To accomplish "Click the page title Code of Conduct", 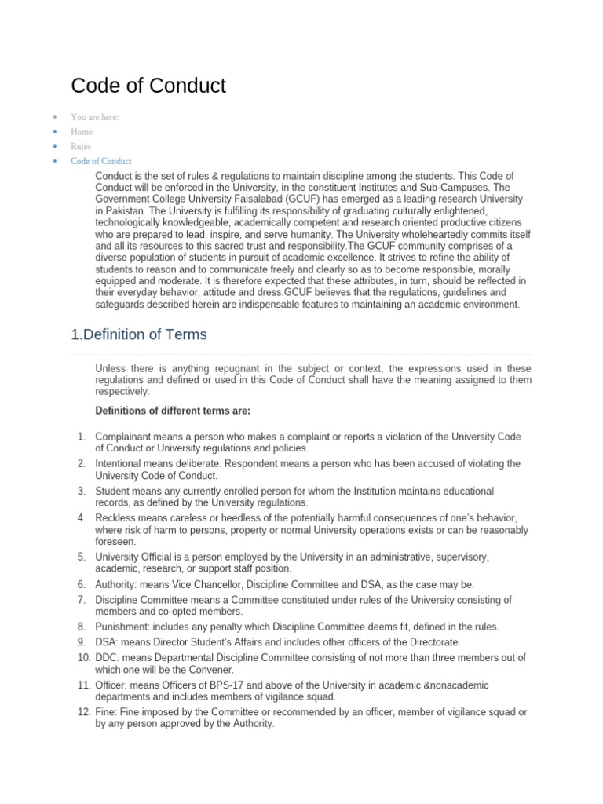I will click(148, 85).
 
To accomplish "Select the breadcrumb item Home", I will click(82, 132).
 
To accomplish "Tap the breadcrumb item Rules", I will click(81, 146).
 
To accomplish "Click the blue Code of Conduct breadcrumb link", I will click(101, 161).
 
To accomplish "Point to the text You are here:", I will click(94, 117).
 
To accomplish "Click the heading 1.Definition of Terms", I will click(139, 334).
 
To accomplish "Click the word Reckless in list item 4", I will click(116, 518).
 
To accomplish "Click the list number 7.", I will click(81, 600).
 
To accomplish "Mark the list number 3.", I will click(81, 491).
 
